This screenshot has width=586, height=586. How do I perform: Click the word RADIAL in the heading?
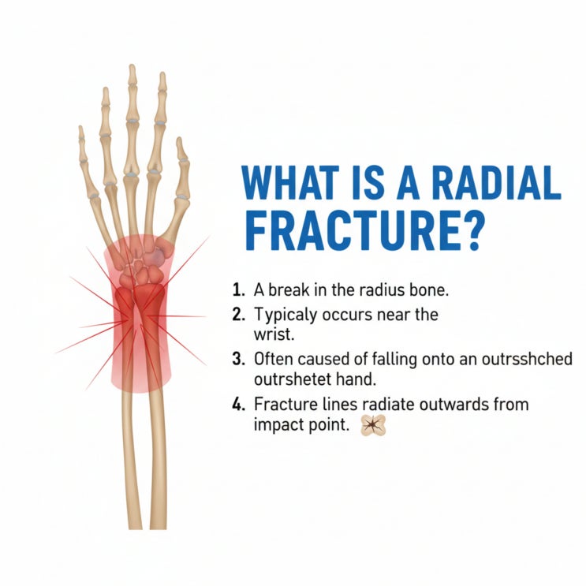pos(496,184)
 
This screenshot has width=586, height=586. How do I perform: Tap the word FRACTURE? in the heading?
pos(363,232)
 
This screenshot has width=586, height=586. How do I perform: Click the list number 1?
pos(238,290)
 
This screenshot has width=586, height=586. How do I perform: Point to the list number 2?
pos(238,315)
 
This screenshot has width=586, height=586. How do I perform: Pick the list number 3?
pos(238,358)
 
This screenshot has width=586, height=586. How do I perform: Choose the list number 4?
pos(238,405)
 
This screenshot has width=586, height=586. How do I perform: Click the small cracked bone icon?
pos(372,425)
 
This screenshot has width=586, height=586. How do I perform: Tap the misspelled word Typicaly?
pos(286,315)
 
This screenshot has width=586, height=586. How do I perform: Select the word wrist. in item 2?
pos(274,334)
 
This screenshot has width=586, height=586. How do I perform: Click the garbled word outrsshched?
pos(527,358)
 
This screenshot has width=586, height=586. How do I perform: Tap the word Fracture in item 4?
pos(286,405)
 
